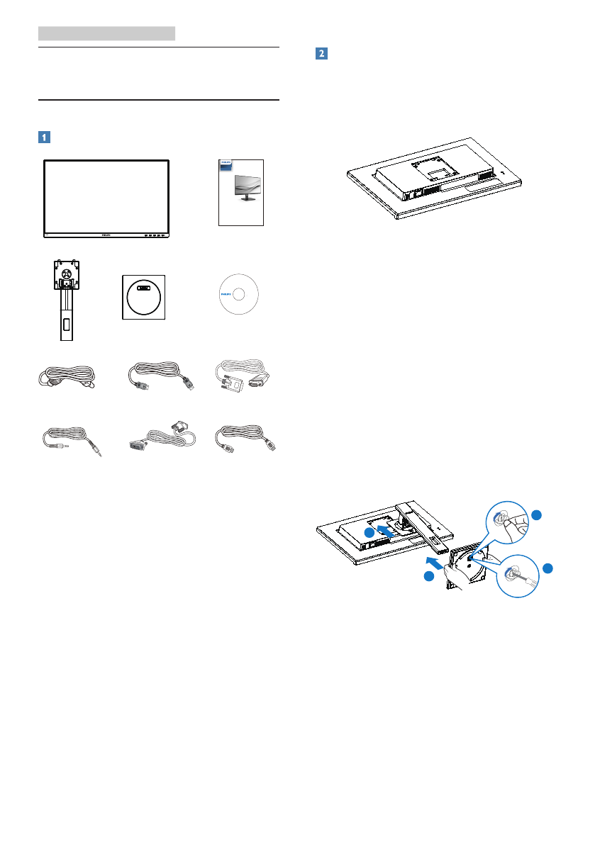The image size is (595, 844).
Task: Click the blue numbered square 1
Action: click(x=45, y=136)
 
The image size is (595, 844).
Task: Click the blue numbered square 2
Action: click(x=321, y=54)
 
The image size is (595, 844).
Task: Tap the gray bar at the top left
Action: click(x=106, y=33)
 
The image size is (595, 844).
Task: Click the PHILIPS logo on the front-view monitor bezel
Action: click(x=106, y=234)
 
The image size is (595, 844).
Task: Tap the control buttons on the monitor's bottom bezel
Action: click(x=152, y=234)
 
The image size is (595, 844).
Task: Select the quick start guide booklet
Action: click(x=241, y=191)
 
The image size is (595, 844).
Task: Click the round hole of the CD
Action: click(x=241, y=294)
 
